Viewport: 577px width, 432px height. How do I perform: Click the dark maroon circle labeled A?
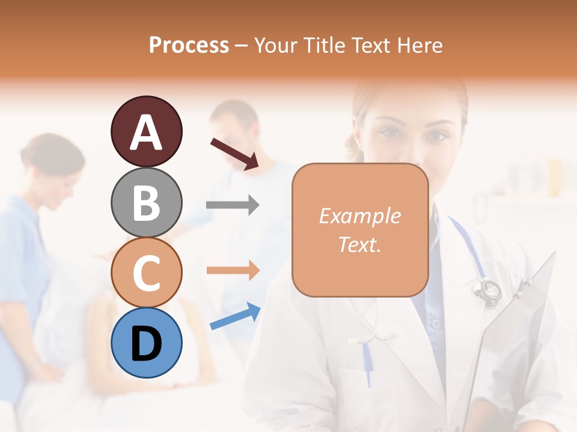[146, 131]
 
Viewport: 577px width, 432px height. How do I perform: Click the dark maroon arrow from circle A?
[234, 154]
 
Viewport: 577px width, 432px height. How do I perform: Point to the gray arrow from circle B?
[233, 205]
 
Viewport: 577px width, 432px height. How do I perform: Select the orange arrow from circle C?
[233, 271]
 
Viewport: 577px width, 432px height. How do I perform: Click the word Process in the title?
[189, 45]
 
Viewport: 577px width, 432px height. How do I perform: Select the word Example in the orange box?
[359, 216]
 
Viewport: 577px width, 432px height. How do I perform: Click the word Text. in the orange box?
[359, 244]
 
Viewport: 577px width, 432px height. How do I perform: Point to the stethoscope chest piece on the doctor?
[487, 290]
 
